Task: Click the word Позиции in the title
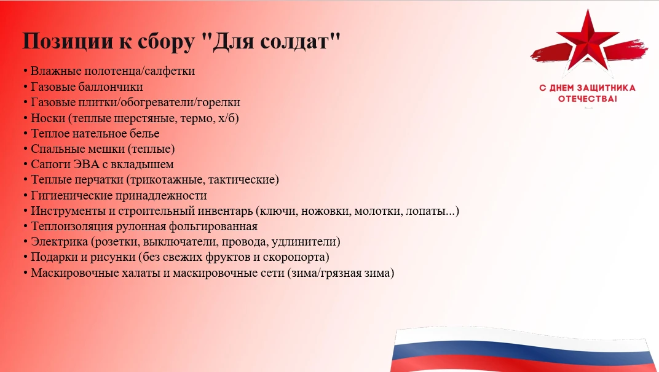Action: click(x=68, y=41)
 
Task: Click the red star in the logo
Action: click(x=588, y=41)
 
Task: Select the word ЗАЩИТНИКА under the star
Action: click(x=606, y=88)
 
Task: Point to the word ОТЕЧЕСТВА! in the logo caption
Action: click(x=588, y=99)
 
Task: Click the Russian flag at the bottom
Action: click(x=524, y=349)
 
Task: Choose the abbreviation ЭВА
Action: click(x=86, y=164)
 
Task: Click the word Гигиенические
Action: click(x=71, y=196)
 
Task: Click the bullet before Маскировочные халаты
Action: click(x=26, y=273)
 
